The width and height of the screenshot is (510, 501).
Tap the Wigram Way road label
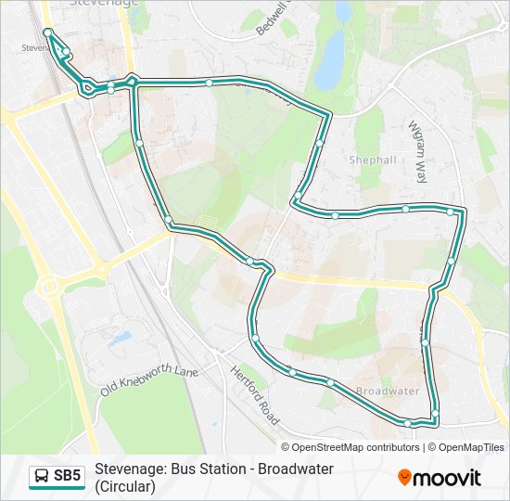pyautogui.click(x=420, y=149)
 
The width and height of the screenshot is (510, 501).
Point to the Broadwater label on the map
pyautogui.click(x=388, y=392)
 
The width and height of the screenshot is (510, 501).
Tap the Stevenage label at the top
pyautogui.click(x=104, y=4)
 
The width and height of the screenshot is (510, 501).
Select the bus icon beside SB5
pyautogui.click(x=42, y=477)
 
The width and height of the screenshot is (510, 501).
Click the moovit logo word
pyautogui.click(x=447, y=478)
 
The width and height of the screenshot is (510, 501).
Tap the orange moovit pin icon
pyautogui.click(x=404, y=478)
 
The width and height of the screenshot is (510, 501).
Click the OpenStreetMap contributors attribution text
pyautogui.click(x=355, y=447)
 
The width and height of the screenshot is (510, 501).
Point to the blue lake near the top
pyautogui.click(x=329, y=61)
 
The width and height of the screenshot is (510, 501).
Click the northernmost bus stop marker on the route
pyautogui.click(x=47, y=32)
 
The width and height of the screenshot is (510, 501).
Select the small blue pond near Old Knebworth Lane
pyautogui.click(x=121, y=339)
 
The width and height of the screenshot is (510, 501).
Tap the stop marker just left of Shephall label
pyautogui.click(x=319, y=143)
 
